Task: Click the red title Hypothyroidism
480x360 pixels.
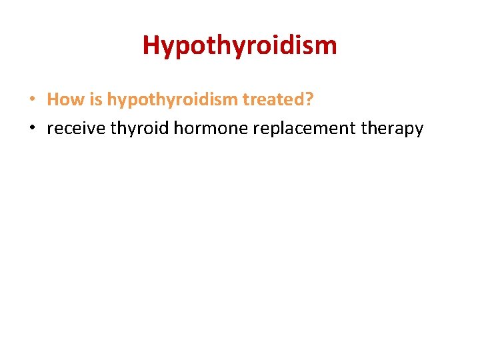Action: point(239,46)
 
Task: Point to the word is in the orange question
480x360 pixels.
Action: point(95,100)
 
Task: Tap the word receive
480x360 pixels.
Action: point(75,129)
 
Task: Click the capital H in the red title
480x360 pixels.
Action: point(151,45)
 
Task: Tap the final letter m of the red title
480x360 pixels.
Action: point(327,46)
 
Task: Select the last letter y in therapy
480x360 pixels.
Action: point(418,131)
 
